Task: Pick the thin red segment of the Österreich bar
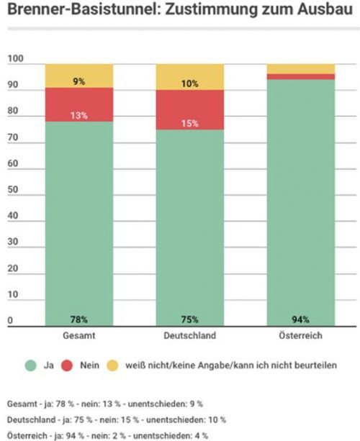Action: [301, 76]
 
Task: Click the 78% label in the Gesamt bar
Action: [79, 319]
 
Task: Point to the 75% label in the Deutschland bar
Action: [190, 319]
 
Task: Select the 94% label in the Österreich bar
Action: [301, 319]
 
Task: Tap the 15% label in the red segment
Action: [190, 123]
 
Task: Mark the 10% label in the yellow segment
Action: [190, 83]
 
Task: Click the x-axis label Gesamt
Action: [79, 336]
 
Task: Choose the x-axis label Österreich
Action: [301, 336]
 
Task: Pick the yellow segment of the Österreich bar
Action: [301, 68]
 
